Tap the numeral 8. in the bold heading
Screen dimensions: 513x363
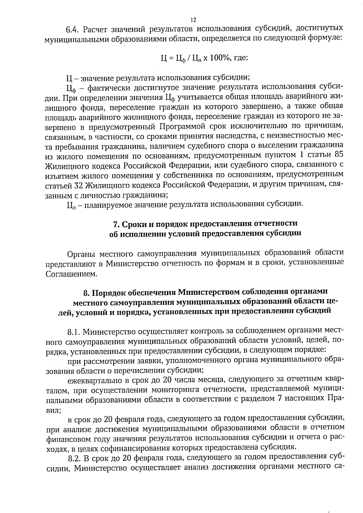click(87, 293)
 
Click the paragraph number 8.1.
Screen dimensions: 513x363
click(74, 333)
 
